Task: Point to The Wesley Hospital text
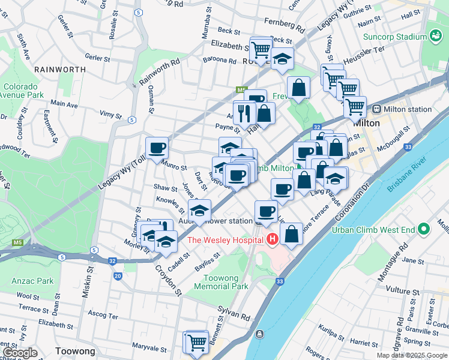225,240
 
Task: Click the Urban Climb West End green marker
424,229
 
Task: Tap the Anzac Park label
32,281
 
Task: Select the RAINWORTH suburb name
60,70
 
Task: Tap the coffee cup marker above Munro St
157,148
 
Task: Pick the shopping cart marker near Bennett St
196,341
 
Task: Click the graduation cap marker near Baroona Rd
282,59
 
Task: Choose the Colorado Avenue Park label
22,91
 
